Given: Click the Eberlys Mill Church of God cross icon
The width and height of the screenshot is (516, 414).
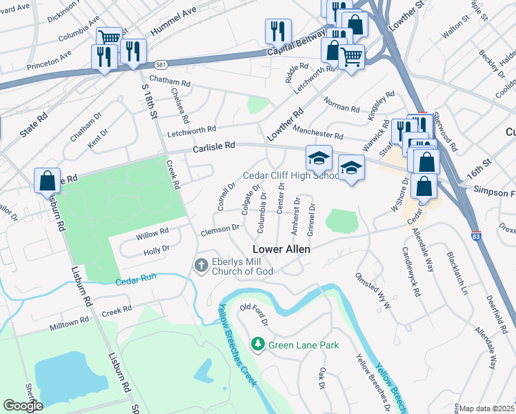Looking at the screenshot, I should [x=201, y=265].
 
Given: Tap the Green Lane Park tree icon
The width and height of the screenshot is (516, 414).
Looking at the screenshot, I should [x=258, y=344].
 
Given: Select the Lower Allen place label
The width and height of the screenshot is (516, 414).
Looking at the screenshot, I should [x=281, y=249].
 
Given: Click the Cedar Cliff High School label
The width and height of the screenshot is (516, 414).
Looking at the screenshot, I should [x=290, y=175].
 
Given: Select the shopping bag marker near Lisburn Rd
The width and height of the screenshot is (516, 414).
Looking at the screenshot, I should [x=48, y=181].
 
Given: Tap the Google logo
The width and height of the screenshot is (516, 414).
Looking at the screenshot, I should [x=23, y=406].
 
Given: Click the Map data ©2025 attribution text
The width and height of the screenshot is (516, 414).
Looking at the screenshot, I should [x=486, y=408].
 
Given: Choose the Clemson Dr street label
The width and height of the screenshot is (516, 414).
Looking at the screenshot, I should [x=220, y=227].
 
